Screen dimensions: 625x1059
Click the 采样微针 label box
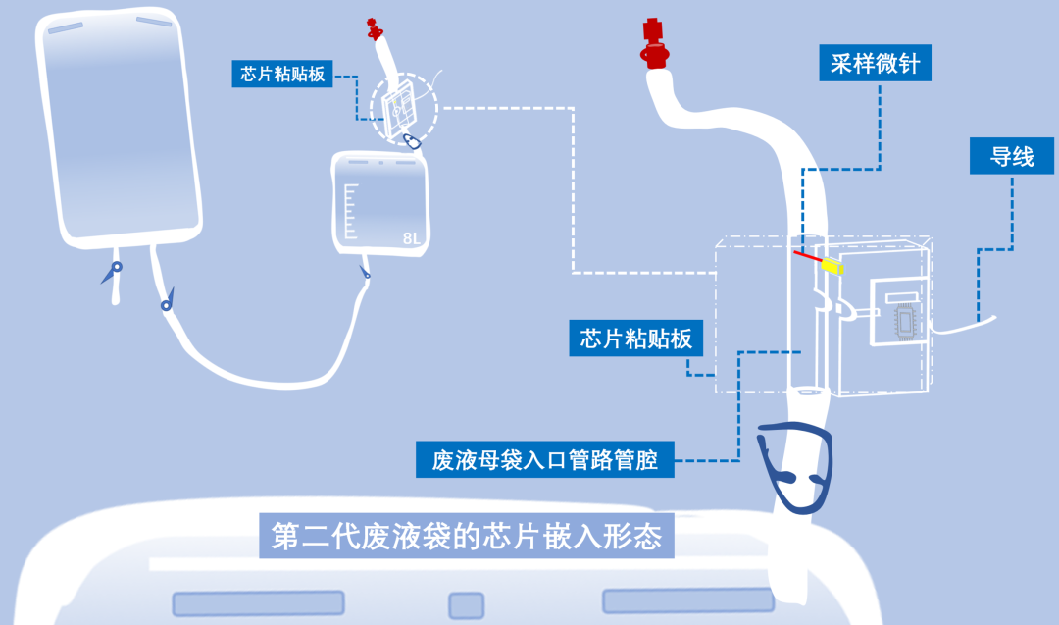(875, 64)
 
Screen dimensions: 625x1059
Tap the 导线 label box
(1012, 156)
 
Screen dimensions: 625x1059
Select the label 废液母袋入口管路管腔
(544, 459)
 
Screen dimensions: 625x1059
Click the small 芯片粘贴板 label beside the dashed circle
(282, 74)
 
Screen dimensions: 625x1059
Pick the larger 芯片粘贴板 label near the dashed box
(636, 339)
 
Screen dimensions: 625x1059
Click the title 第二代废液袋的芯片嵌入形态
(467, 537)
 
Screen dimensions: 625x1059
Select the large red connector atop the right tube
(652, 44)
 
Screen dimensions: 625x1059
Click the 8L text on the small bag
(412, 238)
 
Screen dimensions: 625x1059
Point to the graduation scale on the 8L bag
(350, 210)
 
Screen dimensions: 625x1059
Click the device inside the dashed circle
(399, 111)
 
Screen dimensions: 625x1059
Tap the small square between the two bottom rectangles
(466, 604)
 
